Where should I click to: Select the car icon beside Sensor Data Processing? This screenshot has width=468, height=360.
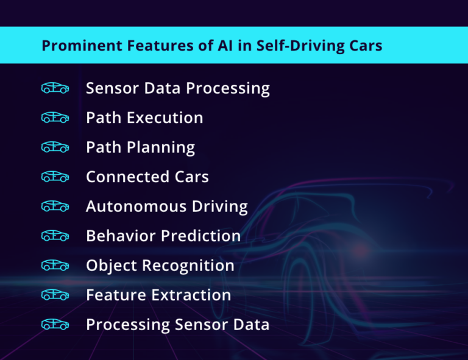coord(55,88)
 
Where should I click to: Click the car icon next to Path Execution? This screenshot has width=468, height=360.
coord(55,118)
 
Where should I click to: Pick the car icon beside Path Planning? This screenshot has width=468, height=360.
coord(55,147)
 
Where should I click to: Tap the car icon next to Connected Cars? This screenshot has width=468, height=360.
coord(55,177)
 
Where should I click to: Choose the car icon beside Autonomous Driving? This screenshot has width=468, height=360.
coord(55,206)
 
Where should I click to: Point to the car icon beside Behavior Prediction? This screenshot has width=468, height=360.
coord(55,236)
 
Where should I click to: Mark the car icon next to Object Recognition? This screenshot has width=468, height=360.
coord(55,266)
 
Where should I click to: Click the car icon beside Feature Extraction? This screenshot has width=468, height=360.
coord(55,295)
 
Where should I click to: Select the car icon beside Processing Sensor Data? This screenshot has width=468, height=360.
coord(55,325)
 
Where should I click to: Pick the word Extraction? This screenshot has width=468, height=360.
coord(192,295)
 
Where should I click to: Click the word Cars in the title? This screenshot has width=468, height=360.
coord(366,46)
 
